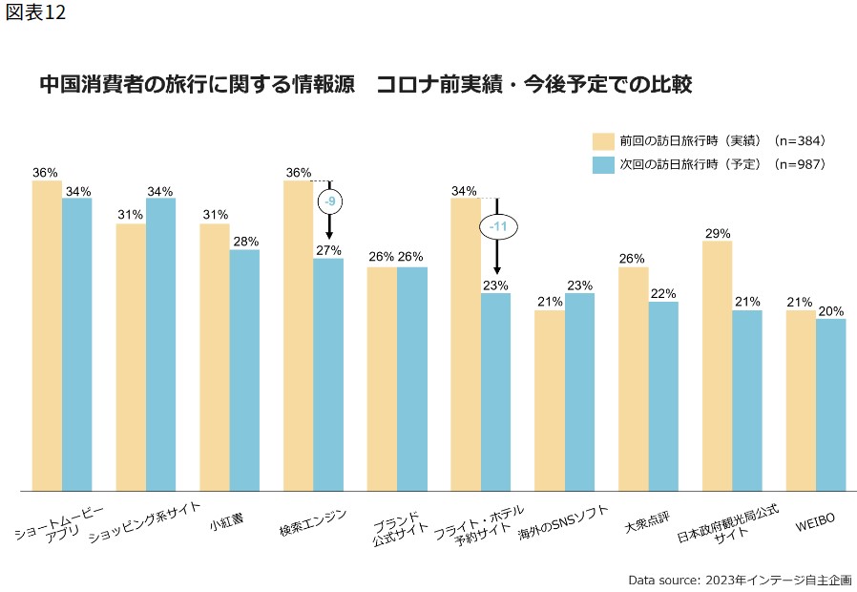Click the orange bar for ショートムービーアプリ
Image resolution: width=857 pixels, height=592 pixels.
click(47, 335)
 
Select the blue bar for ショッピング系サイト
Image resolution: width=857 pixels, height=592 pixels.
click(160, 344)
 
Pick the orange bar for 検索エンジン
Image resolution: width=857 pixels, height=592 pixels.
click(298, 335)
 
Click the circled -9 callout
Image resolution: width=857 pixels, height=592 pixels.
click(329, 201)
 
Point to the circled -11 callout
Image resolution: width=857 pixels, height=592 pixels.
click(497, 227)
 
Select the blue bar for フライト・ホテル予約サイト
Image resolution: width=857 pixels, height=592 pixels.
click(496, 391)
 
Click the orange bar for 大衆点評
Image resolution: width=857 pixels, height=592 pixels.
click(633, 378)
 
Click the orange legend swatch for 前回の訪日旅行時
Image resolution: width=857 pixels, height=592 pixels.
click(602, 141)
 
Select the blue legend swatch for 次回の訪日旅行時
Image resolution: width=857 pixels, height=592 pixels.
click(602, 164)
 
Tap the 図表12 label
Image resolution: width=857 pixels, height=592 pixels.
click(35, 16)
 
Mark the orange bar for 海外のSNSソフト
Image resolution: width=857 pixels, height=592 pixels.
click(550, 400)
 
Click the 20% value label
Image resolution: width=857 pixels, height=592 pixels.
click(831, 311)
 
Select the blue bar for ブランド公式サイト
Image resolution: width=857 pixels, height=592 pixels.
click(412, 378)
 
